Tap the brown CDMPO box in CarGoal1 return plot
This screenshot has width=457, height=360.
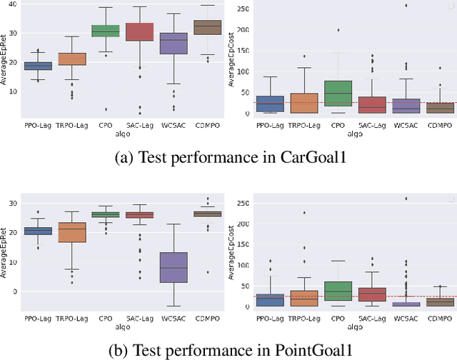[209, 27]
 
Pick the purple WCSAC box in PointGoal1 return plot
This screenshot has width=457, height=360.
[174, 267]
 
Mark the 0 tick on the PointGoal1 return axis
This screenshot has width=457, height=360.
[12, 291]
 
